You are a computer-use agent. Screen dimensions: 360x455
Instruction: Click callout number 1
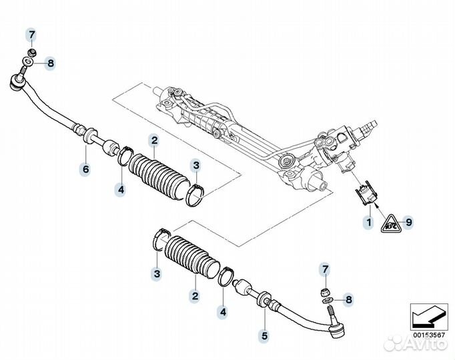coord(367,221)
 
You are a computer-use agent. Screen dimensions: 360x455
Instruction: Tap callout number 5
coord(265,335)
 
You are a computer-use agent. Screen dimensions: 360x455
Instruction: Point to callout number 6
coord(85,169)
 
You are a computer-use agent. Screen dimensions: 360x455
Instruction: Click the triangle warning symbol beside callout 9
coord(388,221)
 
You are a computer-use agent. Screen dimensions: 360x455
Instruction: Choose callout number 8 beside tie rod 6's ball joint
coord(50,65)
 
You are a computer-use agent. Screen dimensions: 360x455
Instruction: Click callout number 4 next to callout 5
coord(223,312)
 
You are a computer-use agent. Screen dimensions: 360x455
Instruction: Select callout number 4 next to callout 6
coord(120,190)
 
